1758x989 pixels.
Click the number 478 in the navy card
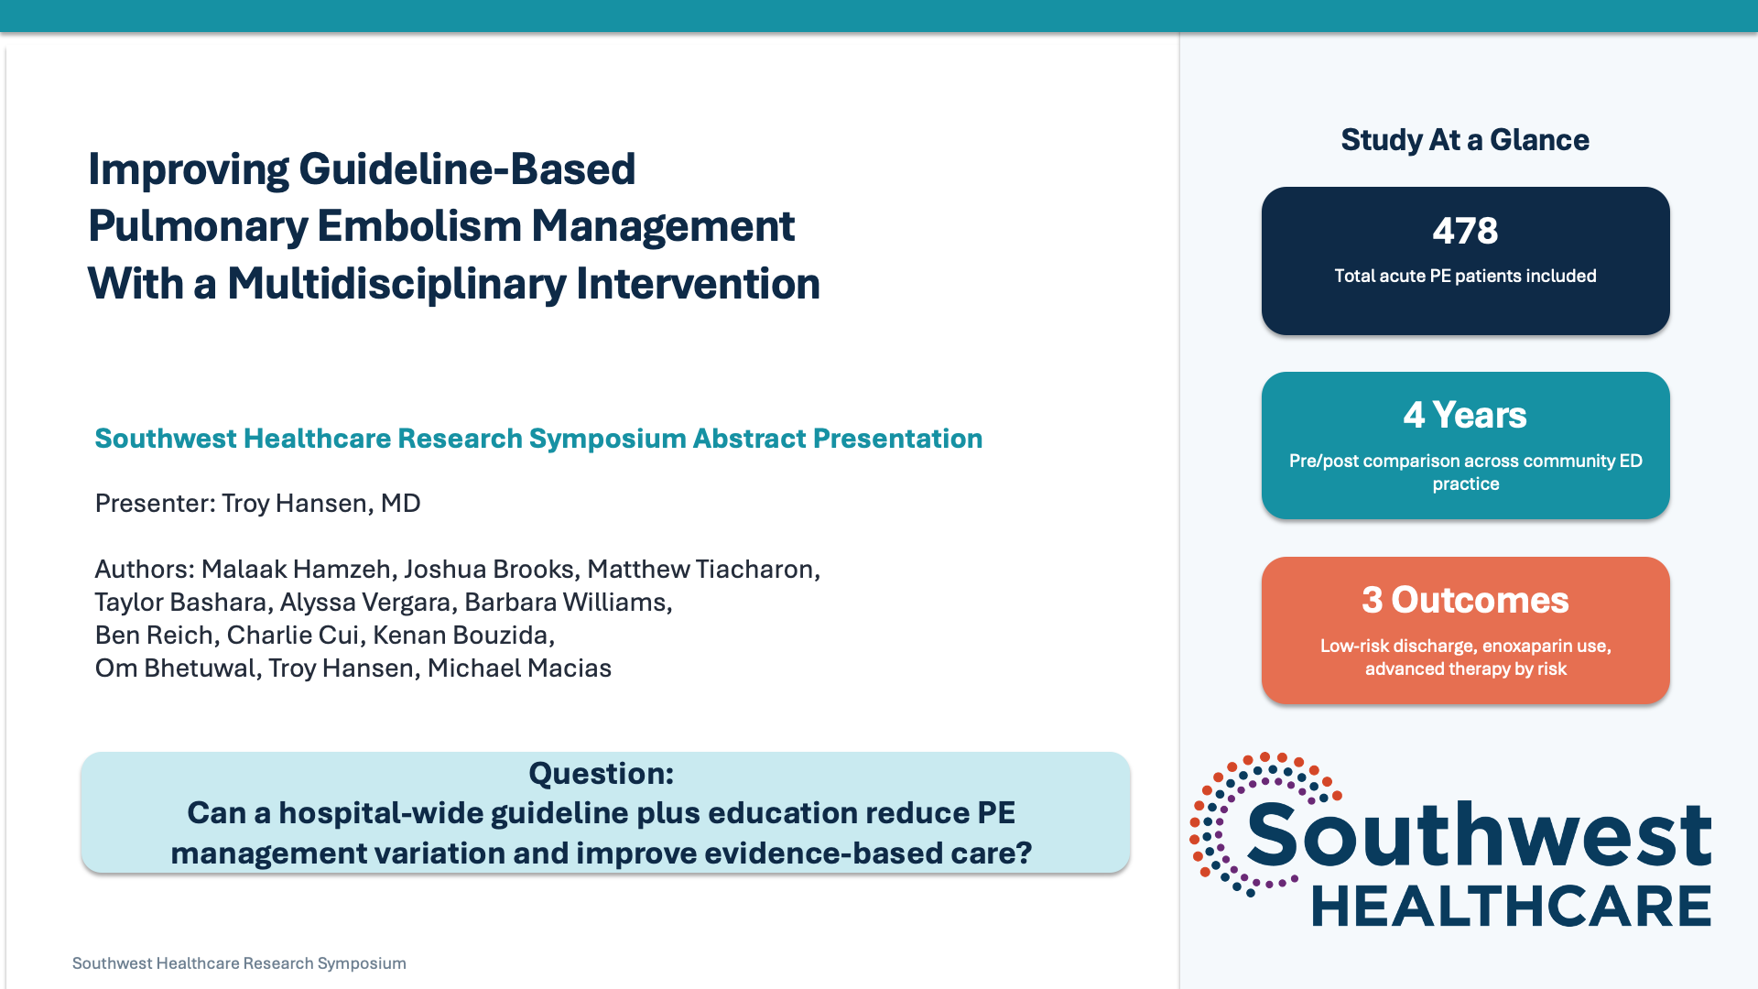tap(1465, 231)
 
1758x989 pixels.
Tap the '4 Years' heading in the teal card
tap(1465, 416)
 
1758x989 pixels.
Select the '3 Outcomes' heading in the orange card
tap(1465, 601)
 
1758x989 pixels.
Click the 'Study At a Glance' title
tap(1465, 140)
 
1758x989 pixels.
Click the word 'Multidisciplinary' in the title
tap(397, 284)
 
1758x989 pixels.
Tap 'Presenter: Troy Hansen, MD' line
tap(257, 504)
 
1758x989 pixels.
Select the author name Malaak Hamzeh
tap(296, 570)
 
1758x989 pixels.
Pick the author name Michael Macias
tap(519, 668)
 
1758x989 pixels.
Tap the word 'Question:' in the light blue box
tap(601, 774)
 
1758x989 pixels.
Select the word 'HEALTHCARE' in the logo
tap(1512, 907)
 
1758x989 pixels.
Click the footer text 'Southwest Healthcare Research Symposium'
tap(239, 963)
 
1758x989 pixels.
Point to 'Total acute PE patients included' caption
tap(1465, 277)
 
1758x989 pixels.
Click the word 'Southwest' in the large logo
tap(1478, 835)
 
